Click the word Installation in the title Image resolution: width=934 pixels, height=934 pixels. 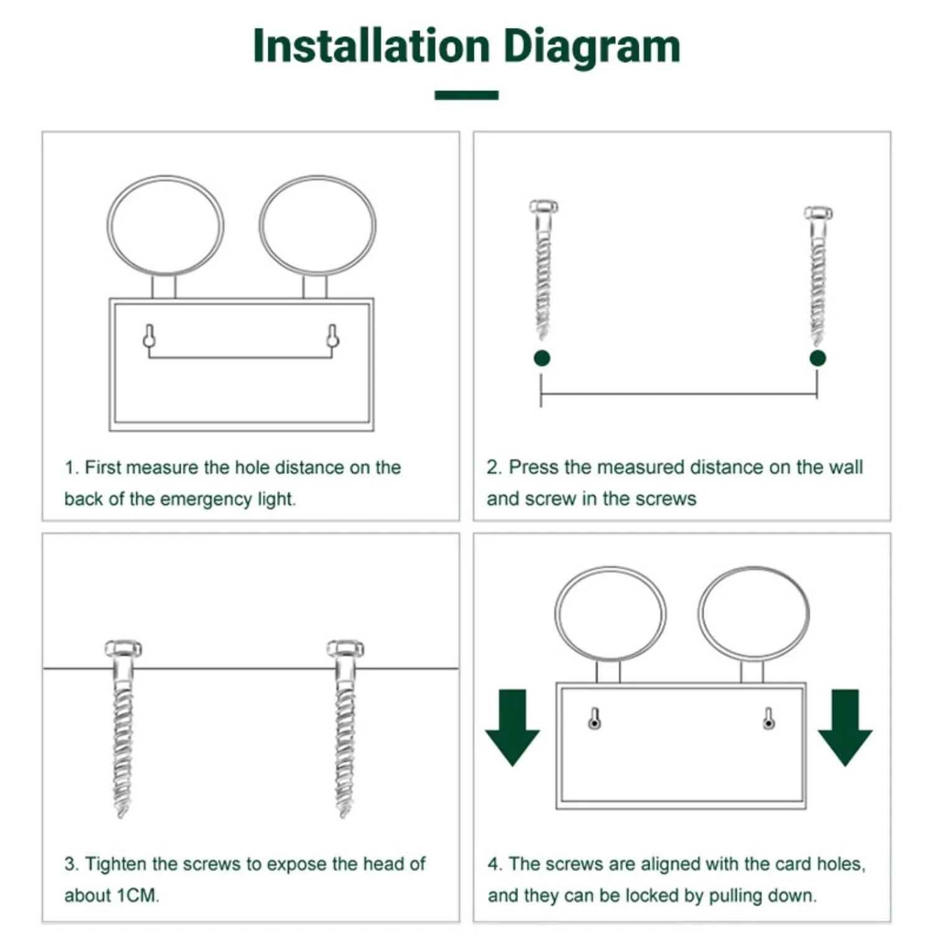(372, 45)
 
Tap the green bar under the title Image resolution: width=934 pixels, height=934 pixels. (466, 95)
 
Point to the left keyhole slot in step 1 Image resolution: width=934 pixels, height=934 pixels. (149, 336)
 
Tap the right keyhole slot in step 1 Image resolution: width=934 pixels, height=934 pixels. (333, 336)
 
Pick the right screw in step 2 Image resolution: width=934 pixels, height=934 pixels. (818, 276)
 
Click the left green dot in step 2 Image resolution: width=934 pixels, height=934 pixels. (542, 358)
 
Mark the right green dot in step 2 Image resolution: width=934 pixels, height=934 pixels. (818, 358)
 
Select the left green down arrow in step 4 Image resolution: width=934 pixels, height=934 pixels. (512, 727)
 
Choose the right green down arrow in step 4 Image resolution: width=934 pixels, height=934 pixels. (845, 727)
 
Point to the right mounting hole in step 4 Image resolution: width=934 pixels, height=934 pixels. (769, 719)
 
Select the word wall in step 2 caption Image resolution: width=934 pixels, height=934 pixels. (845, 467)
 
